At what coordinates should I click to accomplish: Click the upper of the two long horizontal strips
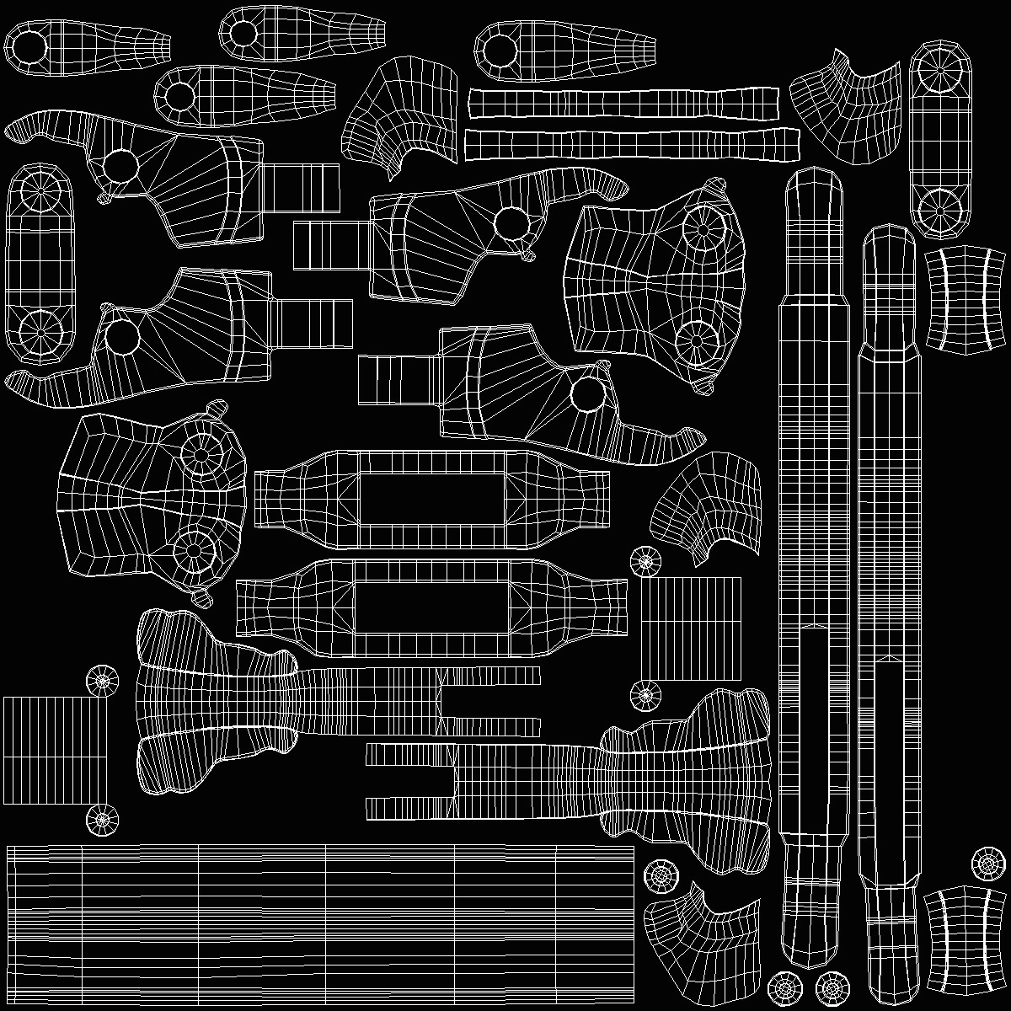[x=623, y=103]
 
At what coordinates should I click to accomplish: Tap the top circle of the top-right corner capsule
[x=939, y=75]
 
